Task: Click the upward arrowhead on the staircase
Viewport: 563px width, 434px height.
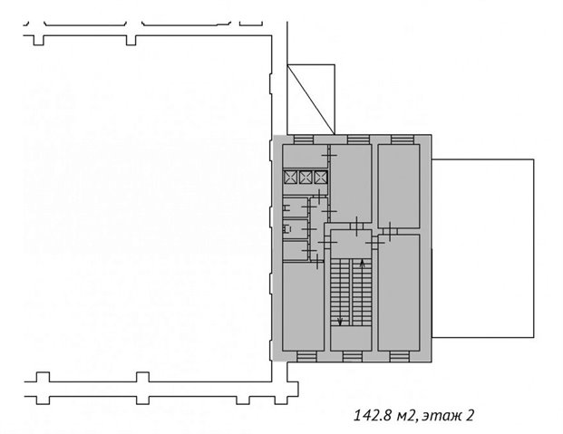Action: click(362, 265)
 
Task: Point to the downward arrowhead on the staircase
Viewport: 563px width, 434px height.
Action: click(340, 321)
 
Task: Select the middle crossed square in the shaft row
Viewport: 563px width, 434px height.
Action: click(306, 178)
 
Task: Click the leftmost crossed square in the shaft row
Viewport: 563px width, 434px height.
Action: click(290, 178)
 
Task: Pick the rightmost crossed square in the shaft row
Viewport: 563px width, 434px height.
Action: click(320, 178)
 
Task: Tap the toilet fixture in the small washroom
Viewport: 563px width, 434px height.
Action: click(286, 228)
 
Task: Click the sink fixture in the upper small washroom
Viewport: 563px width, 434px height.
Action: click(286, 207)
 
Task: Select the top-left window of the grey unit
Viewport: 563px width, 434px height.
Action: click(304, 140)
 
